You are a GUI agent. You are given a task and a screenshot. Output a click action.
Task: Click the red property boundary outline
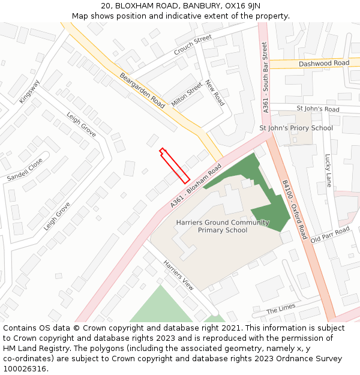[175, 166]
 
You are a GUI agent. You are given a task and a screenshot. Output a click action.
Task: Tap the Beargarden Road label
[142, 90]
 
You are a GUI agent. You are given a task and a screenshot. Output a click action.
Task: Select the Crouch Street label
[193, 45]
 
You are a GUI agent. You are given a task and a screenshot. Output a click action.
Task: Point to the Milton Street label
[187, 95]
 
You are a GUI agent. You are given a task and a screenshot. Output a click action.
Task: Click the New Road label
[214, 93]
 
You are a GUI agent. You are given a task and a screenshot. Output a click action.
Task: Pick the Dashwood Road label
[324, 63]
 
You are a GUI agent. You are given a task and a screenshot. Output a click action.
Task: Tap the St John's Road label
[318, 109]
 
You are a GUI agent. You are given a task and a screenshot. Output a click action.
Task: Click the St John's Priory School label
[296, 128]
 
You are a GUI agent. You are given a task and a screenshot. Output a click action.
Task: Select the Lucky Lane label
[328, 170]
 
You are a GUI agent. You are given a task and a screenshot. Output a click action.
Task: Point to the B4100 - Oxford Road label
[295, 210]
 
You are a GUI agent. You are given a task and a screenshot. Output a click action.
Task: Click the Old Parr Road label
[330, 235]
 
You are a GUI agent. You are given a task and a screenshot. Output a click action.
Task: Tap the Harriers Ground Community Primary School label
[223, 226]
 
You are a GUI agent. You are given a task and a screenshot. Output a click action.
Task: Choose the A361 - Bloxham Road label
[196, 187]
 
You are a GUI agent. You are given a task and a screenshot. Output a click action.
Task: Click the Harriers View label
[179, 275]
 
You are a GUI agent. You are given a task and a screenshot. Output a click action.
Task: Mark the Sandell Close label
[25, 170]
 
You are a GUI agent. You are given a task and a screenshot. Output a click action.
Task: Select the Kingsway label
[29, 91]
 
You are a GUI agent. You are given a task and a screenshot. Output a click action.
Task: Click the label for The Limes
[281, 308]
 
